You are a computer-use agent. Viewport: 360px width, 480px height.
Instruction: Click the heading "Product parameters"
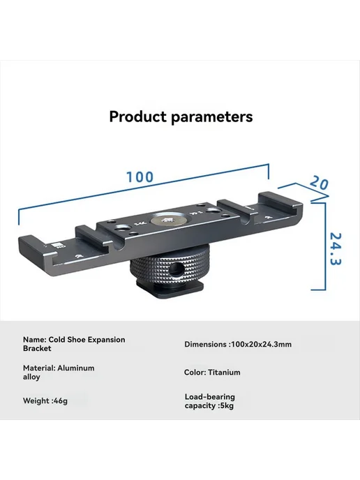pyautogui.click(x=181, y=117)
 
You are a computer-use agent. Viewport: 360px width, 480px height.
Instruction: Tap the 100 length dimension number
pyautogui.click(x=140, y=177)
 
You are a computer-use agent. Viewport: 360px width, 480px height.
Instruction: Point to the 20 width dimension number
pyautogui.click(x=319, y=183)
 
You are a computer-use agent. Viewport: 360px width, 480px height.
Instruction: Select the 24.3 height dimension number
pyautogui.click(x=336, y=249)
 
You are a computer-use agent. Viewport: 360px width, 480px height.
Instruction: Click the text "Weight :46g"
pyautogui.click(x=45, y=400)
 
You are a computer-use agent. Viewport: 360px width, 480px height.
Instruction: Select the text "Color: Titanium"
pyautogui.click(x=212, y=373)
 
